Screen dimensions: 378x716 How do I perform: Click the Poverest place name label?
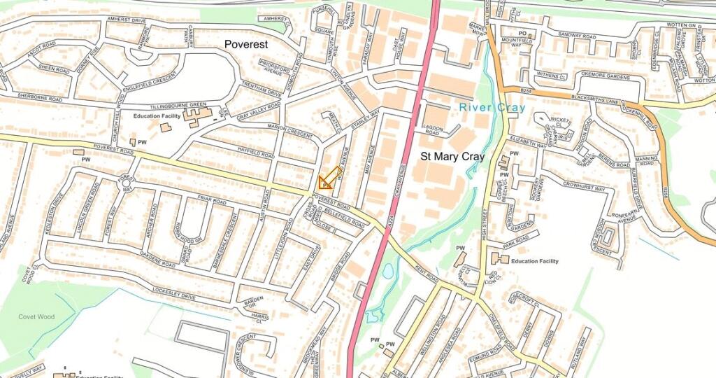pyautogui.click(x=246, y=44)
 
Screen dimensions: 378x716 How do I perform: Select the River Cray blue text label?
pyautogui.click(x=492, y=108)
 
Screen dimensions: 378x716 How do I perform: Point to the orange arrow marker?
pyautogui.click(x=329, y=178)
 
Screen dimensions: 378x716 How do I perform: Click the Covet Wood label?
pyautogui.click(x=36, y=317)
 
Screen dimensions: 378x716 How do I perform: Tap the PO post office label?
pyautogui.click(x=522, y=34)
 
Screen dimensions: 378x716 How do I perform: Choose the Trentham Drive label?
pyautogui.click(x=260, y=91)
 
